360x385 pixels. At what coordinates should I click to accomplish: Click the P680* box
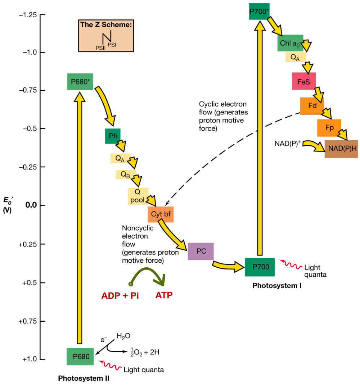[80, 82]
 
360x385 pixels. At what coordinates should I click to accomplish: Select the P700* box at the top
[259, 11]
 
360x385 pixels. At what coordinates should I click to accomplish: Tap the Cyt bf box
[161, 214]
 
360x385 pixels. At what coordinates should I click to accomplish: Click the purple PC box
[201, 251]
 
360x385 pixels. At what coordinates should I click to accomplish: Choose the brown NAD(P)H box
[341, 149]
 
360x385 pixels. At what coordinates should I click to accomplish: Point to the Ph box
[113, 136]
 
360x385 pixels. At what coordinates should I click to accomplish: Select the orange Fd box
[312, 106]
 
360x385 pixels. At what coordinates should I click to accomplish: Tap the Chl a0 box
[290, 44]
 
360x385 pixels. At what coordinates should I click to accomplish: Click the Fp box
[329, 128]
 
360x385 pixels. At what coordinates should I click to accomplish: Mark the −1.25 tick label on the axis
[28, 15]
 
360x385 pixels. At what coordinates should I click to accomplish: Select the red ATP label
[164, 296]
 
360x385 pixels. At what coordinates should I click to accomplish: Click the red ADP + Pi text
[120, 296]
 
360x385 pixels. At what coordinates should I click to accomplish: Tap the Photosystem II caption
[84, 379]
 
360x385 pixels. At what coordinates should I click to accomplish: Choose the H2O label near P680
[123, 336]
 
